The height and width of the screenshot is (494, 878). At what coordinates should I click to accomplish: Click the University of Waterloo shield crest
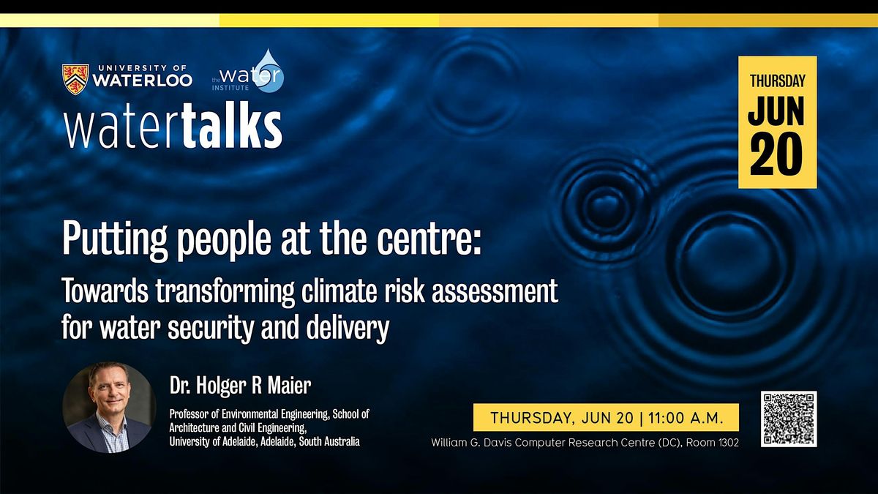click(x=75, y=79)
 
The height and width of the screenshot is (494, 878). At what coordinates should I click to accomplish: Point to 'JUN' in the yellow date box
click(x=776, y=111)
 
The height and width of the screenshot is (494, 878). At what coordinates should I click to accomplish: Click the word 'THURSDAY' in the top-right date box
click(x=777, y=81)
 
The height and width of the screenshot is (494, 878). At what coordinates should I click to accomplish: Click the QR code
click(x=788, y=419)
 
